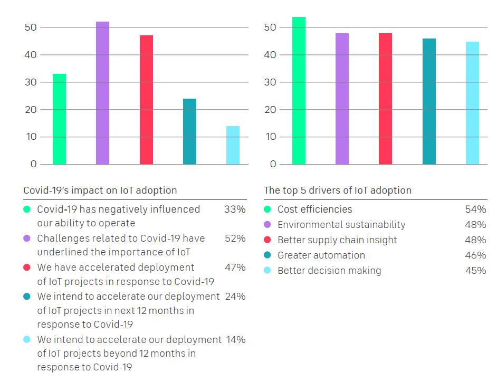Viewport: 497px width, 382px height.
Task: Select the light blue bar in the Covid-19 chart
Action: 233,145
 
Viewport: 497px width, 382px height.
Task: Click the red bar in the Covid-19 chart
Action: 146,100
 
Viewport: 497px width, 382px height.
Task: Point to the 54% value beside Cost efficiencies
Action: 475,209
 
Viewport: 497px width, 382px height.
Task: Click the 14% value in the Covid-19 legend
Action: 235,340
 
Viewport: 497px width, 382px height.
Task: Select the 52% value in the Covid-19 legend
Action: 235,238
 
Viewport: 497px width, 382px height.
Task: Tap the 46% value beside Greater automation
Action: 475,255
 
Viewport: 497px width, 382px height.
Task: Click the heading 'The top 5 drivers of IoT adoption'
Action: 337,190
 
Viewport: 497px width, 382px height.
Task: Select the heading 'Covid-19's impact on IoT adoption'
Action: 100,190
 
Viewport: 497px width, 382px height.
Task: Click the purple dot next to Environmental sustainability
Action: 267,225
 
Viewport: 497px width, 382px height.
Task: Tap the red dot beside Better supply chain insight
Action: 267,240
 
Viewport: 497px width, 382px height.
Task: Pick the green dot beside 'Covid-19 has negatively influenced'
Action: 27,209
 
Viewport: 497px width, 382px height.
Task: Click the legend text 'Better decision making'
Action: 329,271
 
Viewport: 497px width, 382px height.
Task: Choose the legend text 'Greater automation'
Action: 321,255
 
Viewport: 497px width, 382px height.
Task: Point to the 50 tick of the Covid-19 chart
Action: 31,27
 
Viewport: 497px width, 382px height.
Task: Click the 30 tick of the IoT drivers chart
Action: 271,82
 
